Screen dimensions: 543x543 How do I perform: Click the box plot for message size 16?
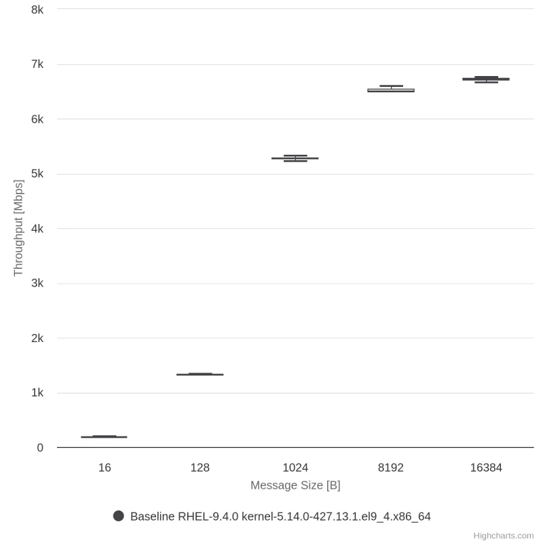pos(105,436)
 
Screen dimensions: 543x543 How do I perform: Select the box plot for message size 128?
pos(200,374)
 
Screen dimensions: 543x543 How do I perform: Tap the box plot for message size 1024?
pos(295,158)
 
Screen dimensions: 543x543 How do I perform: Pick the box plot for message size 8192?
pos(391,90)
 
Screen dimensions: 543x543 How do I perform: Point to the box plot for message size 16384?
pos(486,79)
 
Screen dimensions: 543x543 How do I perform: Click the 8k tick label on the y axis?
pos(37,10)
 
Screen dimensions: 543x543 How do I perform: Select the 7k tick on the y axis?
pos(37,64)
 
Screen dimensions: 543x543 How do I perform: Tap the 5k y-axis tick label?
pos(37,174)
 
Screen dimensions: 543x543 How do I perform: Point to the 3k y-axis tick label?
pos(37,283)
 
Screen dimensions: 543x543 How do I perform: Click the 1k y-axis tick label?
pos(37,393)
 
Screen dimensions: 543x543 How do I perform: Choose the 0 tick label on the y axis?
pos(40,448)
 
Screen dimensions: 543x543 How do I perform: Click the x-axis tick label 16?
pos(105,468)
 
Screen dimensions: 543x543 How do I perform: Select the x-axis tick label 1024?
pos(295,468)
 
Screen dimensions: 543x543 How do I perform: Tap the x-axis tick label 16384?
pos(486,468)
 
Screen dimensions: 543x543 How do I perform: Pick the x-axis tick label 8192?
pos(391,468)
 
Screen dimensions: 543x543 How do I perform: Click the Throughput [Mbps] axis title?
pos(18,228)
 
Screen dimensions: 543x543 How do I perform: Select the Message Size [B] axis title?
pos(295,485)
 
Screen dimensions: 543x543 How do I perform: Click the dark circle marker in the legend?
pos(119,516)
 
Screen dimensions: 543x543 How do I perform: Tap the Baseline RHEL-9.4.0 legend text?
pos(280,517)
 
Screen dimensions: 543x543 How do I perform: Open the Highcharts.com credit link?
pos(503,536)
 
